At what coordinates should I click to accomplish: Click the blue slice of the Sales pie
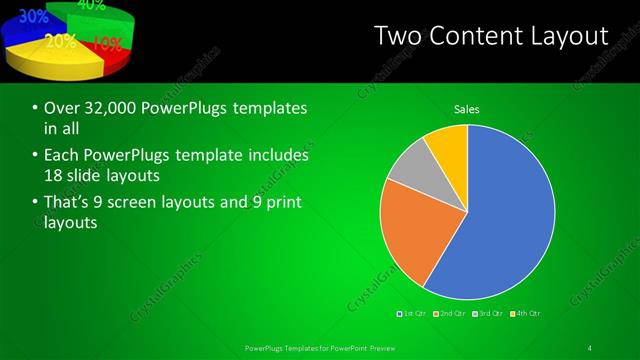[x=505, y=215]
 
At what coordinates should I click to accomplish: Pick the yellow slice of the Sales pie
[x=448, y=146]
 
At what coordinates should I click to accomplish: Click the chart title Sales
[x=467, y=108]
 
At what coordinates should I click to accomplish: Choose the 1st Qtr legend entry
[x=412, y=314]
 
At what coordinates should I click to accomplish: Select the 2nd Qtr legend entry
[x=452, y=314]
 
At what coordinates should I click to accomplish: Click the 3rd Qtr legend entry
[x=488, y=314]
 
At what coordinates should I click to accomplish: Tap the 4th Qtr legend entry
[x=526, y=314]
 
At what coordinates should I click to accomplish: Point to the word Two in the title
[x=396, y=37]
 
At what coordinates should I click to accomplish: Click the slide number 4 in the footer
[x=590, y=347]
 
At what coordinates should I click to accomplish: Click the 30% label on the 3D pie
[x=33, y=16]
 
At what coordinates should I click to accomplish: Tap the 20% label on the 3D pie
[x=60, y=41]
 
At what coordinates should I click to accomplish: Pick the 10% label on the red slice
[x=107, y=44]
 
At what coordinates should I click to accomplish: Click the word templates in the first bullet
[x=261, y=108]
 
